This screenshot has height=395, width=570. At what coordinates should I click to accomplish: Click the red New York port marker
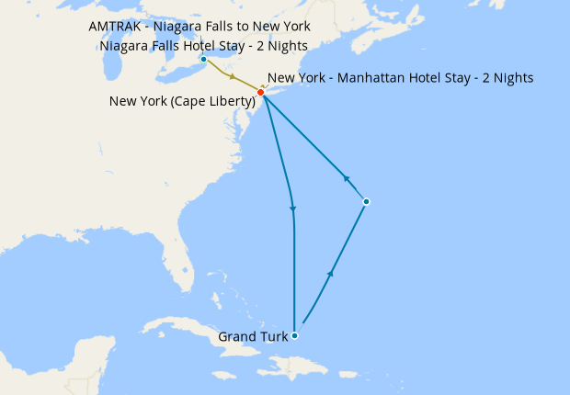[261, 93]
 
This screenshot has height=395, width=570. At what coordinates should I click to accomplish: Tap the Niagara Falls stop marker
[203, 60]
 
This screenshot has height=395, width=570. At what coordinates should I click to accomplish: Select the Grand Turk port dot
[294, 335]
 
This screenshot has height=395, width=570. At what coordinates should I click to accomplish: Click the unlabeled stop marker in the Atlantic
[366, 201]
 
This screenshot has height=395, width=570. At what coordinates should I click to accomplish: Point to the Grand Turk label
[252, 337]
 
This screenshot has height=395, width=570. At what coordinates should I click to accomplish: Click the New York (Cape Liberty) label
[181, 100]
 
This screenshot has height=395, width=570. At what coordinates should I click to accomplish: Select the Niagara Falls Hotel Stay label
[203, 46]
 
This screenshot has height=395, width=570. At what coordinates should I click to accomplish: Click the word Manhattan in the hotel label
[376, 78]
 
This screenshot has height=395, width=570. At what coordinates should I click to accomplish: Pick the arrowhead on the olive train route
[234, 78]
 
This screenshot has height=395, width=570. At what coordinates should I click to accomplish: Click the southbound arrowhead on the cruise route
[293, 210]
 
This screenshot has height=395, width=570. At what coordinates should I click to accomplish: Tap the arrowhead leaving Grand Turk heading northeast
[330, 274]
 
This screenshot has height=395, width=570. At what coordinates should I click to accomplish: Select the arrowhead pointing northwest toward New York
[348, 179]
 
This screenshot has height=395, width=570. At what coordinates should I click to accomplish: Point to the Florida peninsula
[189, 276]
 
